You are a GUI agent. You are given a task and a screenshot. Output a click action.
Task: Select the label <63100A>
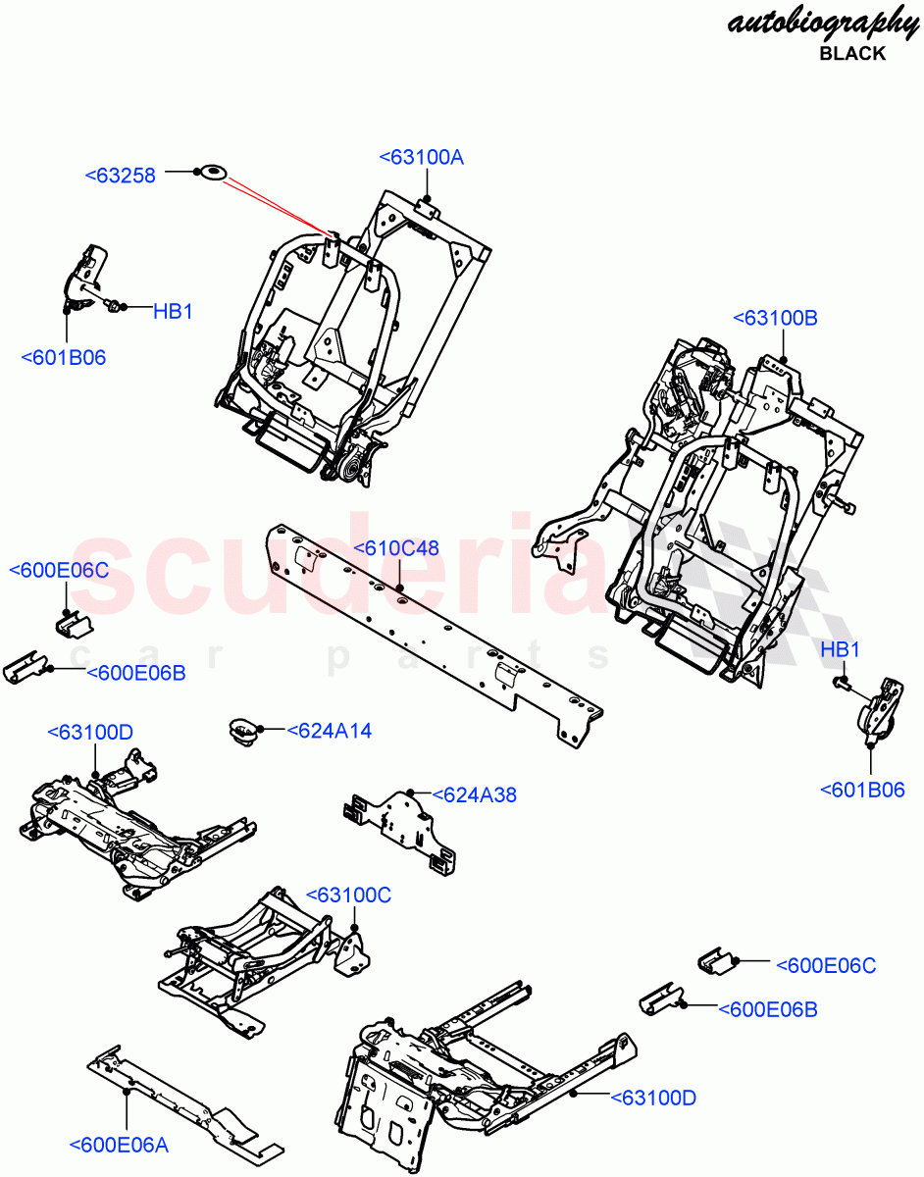pyautogui.click(x=421, y=157)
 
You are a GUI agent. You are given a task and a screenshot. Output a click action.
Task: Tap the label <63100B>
pyautogui.click(x=775, y=318)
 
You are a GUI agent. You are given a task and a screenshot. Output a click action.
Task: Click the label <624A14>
pyautogui.click(x=330, y=730)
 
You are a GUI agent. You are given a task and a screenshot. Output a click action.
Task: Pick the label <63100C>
pyautogui.click(x=348, y=895)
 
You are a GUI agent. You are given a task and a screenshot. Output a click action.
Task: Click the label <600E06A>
pyautogui.click(x=119, y=1144)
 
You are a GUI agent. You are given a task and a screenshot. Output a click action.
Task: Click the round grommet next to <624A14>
pyautogui.click(x=242, y=731)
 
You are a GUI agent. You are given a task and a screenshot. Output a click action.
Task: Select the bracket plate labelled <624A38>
pyautogui.click(x=402, y=823)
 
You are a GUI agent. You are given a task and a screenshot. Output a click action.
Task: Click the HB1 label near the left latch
pyautogui.click(x=173, y=312)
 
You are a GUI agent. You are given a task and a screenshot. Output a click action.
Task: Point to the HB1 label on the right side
pyautogui.click(x=840, y=649)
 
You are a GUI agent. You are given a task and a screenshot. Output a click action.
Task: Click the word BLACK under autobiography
pyautogui.click(x=851, y=53)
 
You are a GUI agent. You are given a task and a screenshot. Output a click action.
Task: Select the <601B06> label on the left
pyautogui.click(x=64, y=357)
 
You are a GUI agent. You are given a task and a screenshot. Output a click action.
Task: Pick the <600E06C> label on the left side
pyautogui.click(x=59, y=571)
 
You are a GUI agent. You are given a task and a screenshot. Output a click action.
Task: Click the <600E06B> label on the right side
pyautogui.click(x=768, y=1008)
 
